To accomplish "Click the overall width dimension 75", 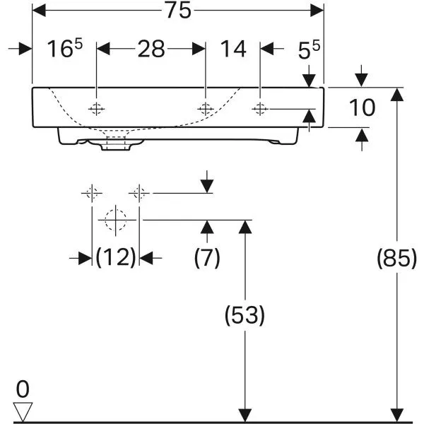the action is pos(179,11).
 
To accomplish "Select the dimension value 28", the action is pos(151,49).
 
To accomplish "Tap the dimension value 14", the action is pos(233,49).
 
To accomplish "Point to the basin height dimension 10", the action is pos(362,107).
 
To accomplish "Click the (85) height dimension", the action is pos(396,258).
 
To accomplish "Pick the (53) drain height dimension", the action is pos(245,315).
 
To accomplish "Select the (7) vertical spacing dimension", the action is pos(207,258).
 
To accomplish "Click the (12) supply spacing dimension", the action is pos(116,257).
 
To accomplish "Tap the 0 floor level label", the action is pos(23,389).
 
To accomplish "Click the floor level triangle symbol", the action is pos(23,412).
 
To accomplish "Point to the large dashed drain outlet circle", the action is pos(116,220).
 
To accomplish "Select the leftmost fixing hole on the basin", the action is pos(97,109).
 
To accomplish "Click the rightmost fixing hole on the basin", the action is pos(260,109).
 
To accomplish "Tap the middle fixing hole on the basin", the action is pos(206,109).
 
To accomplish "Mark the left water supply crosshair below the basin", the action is pos(92,193).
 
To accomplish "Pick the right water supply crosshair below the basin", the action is pos(139,193).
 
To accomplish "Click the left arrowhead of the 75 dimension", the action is pos(39,11).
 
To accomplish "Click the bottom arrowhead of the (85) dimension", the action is pos(397,415).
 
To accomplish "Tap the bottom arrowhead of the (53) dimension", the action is pos(245,415).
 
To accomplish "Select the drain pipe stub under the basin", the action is pos(116,144).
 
